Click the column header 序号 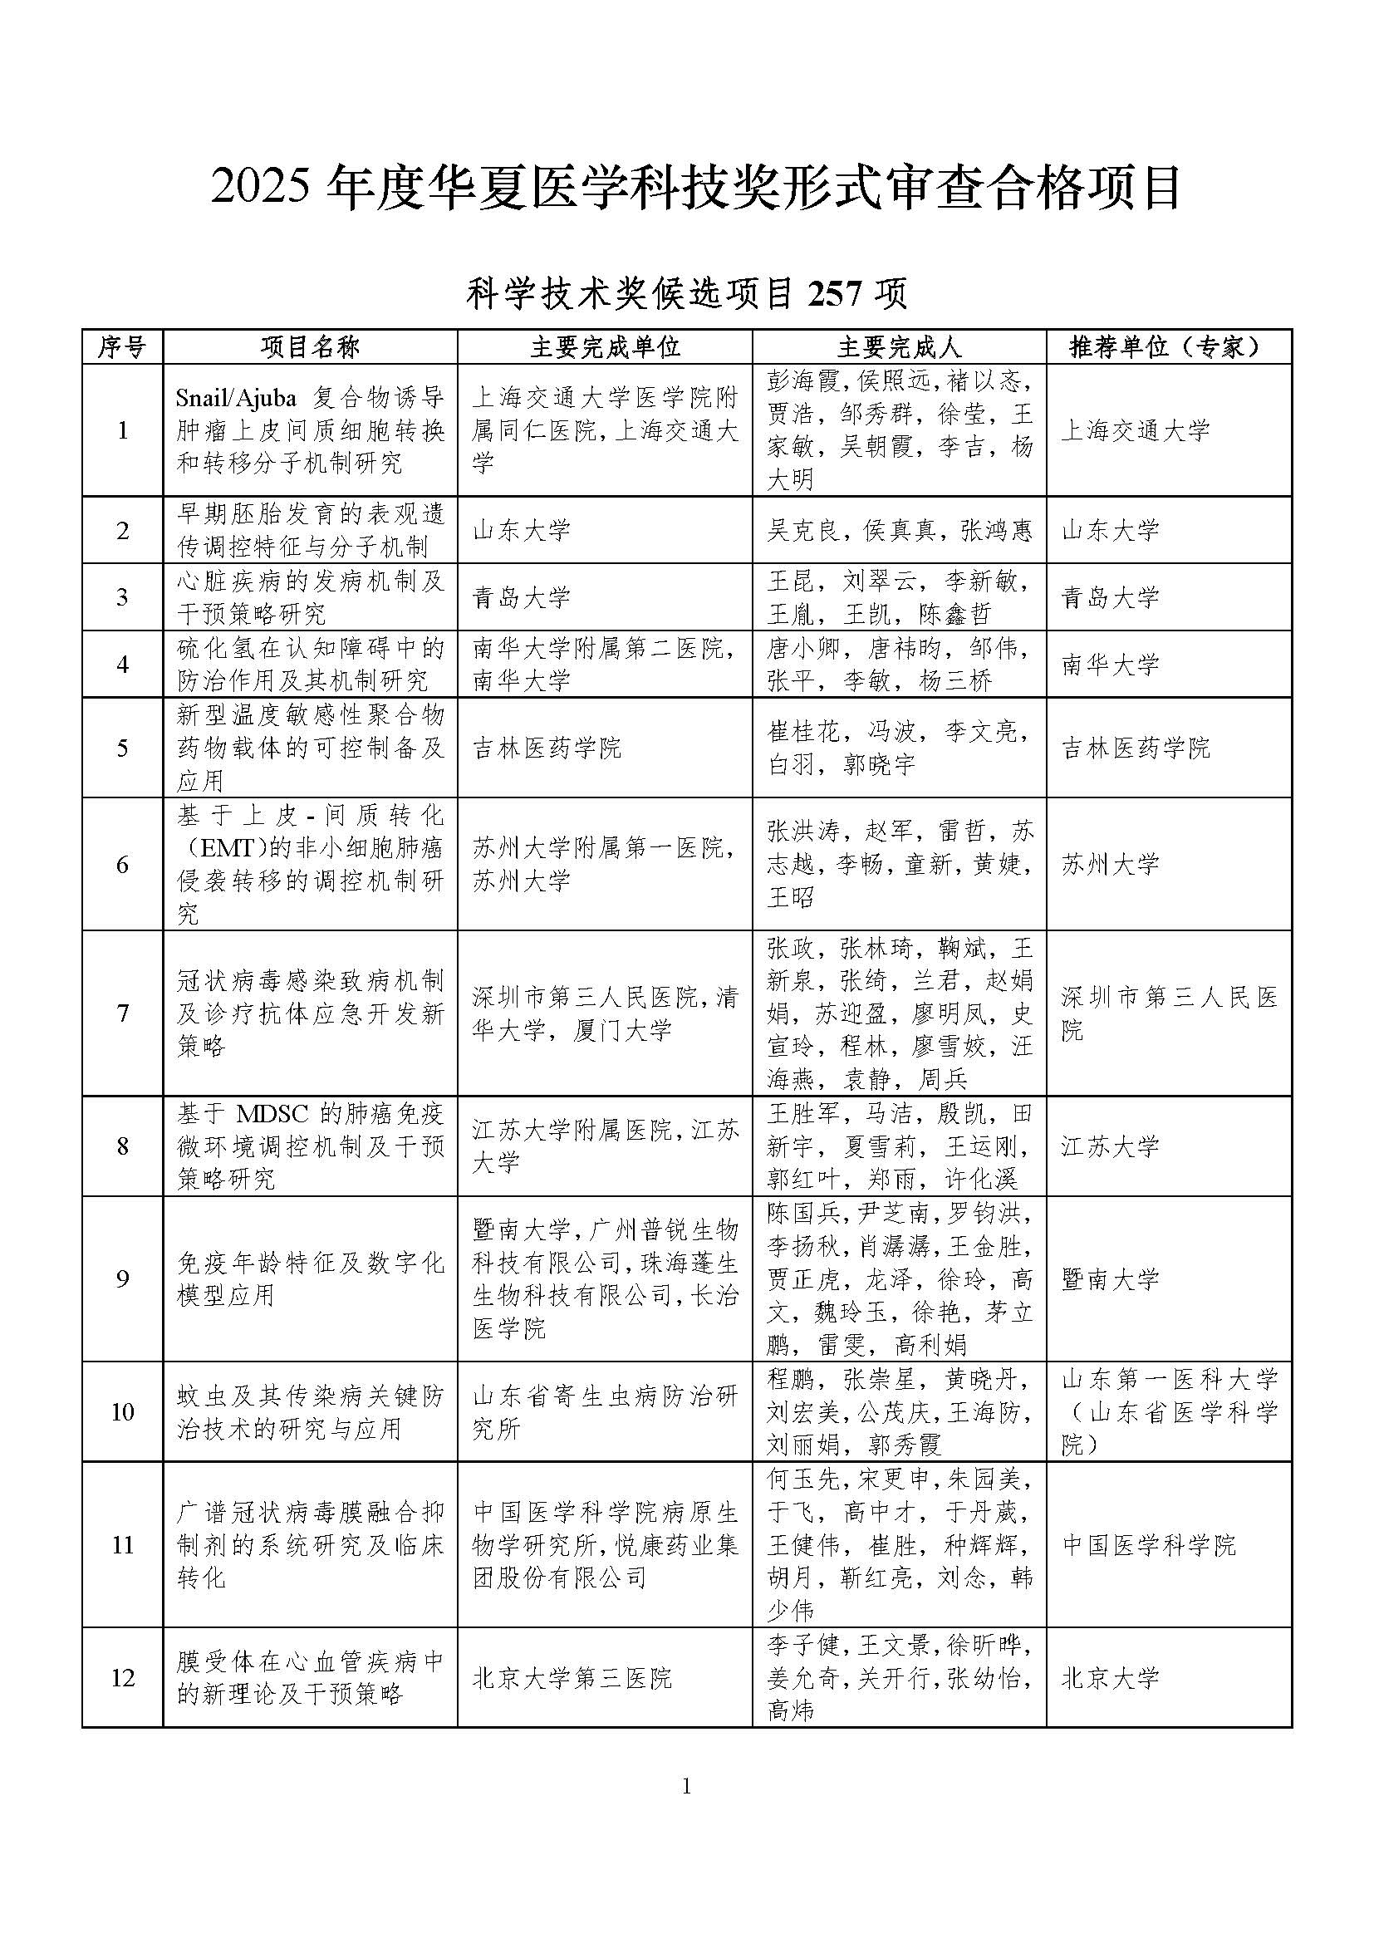pyautogui.click(x=122, y=346)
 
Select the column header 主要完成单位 pyautogui.click(x=604, y=346)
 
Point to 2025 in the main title pyautogui.click(x=261, y=188)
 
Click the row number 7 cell pyautogui.click(x=122, y=1013)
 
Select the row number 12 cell pyautogui.click(x=122, y=1678)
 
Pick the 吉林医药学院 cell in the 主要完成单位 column pyautogui.click(x=547, y=748)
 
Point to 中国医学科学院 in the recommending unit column pyautogui.click(x=1149, y=1545)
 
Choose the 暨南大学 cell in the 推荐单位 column pyautogui.click(x=1110, y=1278)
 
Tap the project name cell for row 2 pyautogui.click(x=311, y=530)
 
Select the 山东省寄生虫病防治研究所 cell pyautogui.click(x=604, y=1412)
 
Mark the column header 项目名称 pyautogui.click(x=310, y=346)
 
